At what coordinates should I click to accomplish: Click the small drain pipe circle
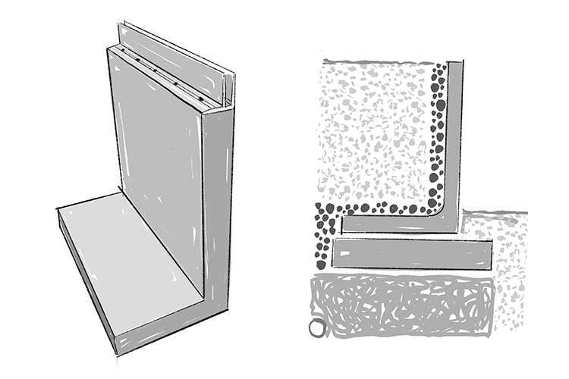point(317,328)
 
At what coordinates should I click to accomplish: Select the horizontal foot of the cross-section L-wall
point(398,224)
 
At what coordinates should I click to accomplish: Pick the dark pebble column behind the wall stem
point(438,136)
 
